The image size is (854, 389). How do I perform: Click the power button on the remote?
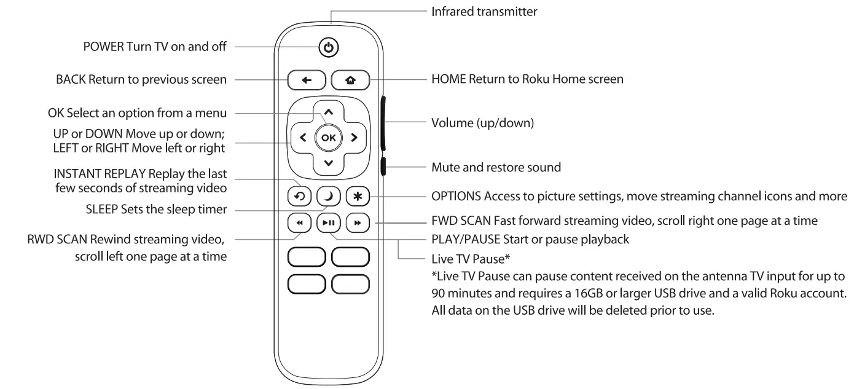pos(329,47)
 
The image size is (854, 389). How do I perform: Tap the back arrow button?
pos(306,80)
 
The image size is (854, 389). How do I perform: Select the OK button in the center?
pos(328,138)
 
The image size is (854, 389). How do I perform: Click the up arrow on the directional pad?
pos(328,112)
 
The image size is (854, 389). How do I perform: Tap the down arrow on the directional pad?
pos(328,163)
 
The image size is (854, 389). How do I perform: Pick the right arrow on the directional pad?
pos(353,138)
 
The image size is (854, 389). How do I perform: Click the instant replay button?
pos(299,195)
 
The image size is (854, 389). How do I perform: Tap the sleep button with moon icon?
pos(327,195)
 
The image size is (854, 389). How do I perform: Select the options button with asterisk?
pos(356,195)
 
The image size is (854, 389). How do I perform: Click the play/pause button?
pos(327,223)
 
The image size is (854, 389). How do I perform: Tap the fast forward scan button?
pos(356,223)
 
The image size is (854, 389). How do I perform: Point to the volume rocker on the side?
pos(383,123)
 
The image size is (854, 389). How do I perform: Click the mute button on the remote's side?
pos(383,167)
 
